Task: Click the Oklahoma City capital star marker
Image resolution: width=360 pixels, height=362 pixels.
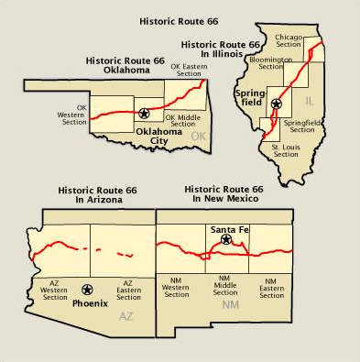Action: pyautogui.click(x=143, y=114)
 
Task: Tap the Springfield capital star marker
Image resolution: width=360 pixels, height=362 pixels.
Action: pyautogui.click(x=276, y=104)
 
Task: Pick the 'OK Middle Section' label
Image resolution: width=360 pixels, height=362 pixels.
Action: pyautogui.click(x=182, y=120)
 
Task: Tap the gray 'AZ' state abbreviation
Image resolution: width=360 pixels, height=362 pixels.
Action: pyautogui.click(x=126, y=316)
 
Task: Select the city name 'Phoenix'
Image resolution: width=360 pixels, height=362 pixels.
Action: pyautogui.click(x=90, y=302)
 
